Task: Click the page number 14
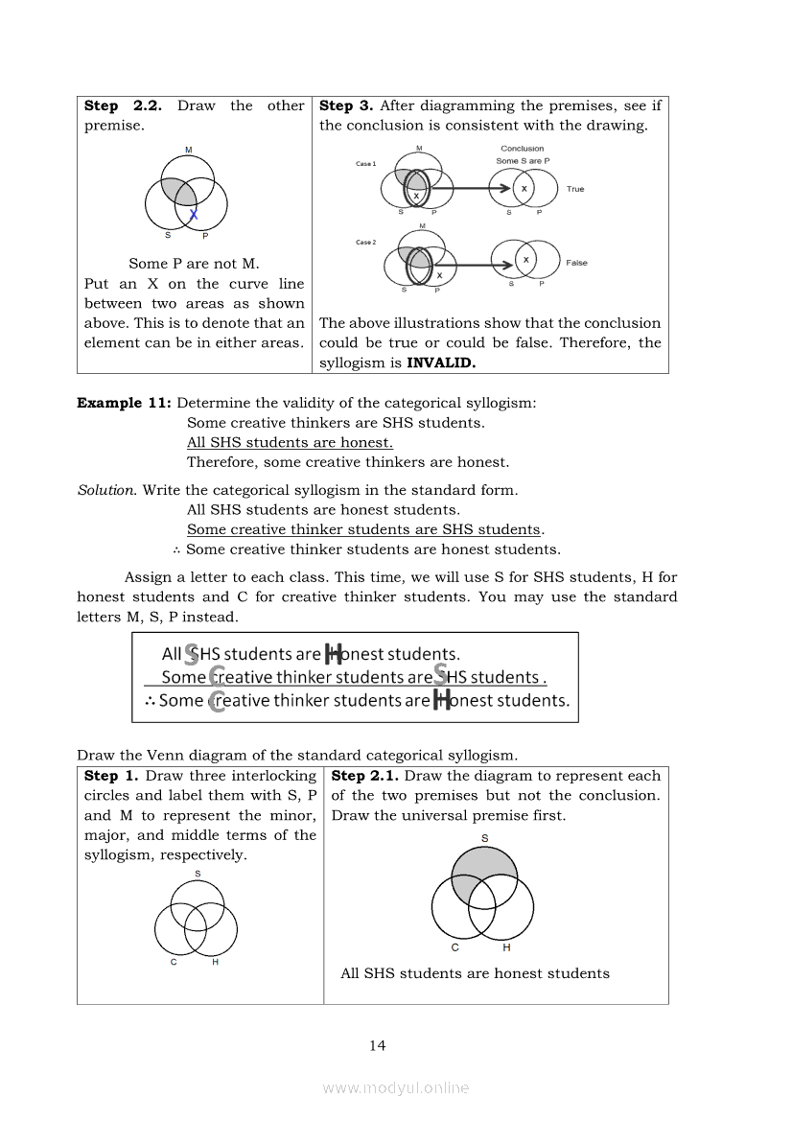coord(377,1045)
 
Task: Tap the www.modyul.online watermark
coord(395,1087)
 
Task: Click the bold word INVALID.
coord(441,362)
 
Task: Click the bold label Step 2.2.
coord(123,105)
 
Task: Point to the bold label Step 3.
coord(345,105)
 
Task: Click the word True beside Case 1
coord(574,189)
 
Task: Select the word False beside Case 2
coord(576,263)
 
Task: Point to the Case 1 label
coord(365,164)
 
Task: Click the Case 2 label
coord(365,243)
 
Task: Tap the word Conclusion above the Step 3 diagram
coord(522,149)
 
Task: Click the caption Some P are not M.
coord(194,264)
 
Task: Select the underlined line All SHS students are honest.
coord(290,442)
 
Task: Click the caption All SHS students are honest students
coord(475,973)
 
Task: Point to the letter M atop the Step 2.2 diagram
coord(188,150)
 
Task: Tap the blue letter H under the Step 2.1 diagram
coord(506,948)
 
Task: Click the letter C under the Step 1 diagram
coord(174,963)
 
